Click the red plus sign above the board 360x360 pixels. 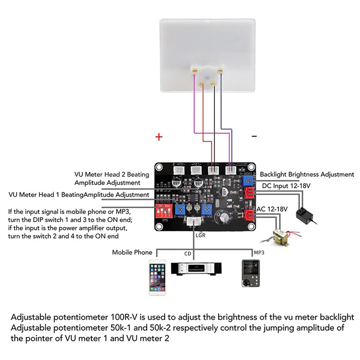pos(158,137)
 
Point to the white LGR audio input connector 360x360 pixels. pos(194,222)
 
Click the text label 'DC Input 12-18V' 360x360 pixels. pos(286,185)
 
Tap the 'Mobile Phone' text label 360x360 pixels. pos(132,252)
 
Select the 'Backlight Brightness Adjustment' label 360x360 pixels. pos(307,174)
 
